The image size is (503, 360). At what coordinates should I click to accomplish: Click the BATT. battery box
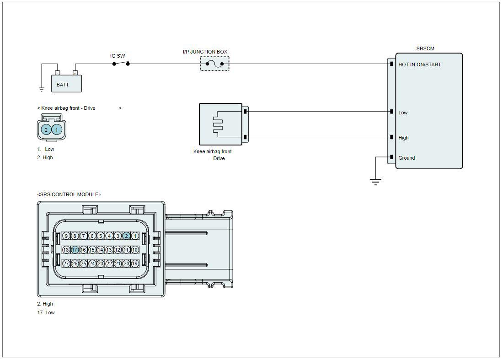(x=66, y=84)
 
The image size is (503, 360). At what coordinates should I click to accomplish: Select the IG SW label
(x=118, y=56)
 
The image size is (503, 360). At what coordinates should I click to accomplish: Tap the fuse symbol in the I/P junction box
(x=214, y=64)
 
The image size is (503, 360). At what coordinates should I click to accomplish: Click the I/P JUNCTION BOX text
(x=205, y=52)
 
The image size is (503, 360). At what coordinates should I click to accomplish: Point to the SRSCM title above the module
(x=425, y=48)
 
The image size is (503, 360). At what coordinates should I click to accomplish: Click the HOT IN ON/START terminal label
(x=420, y=64)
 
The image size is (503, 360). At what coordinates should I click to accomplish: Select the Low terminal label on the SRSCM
(x=403, y=113)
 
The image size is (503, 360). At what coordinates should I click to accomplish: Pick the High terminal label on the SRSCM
(x=404, y=138)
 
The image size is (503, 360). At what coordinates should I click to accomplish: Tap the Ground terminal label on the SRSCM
(x=407, y=158)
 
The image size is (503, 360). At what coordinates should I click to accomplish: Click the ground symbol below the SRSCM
(x=375, y=182)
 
